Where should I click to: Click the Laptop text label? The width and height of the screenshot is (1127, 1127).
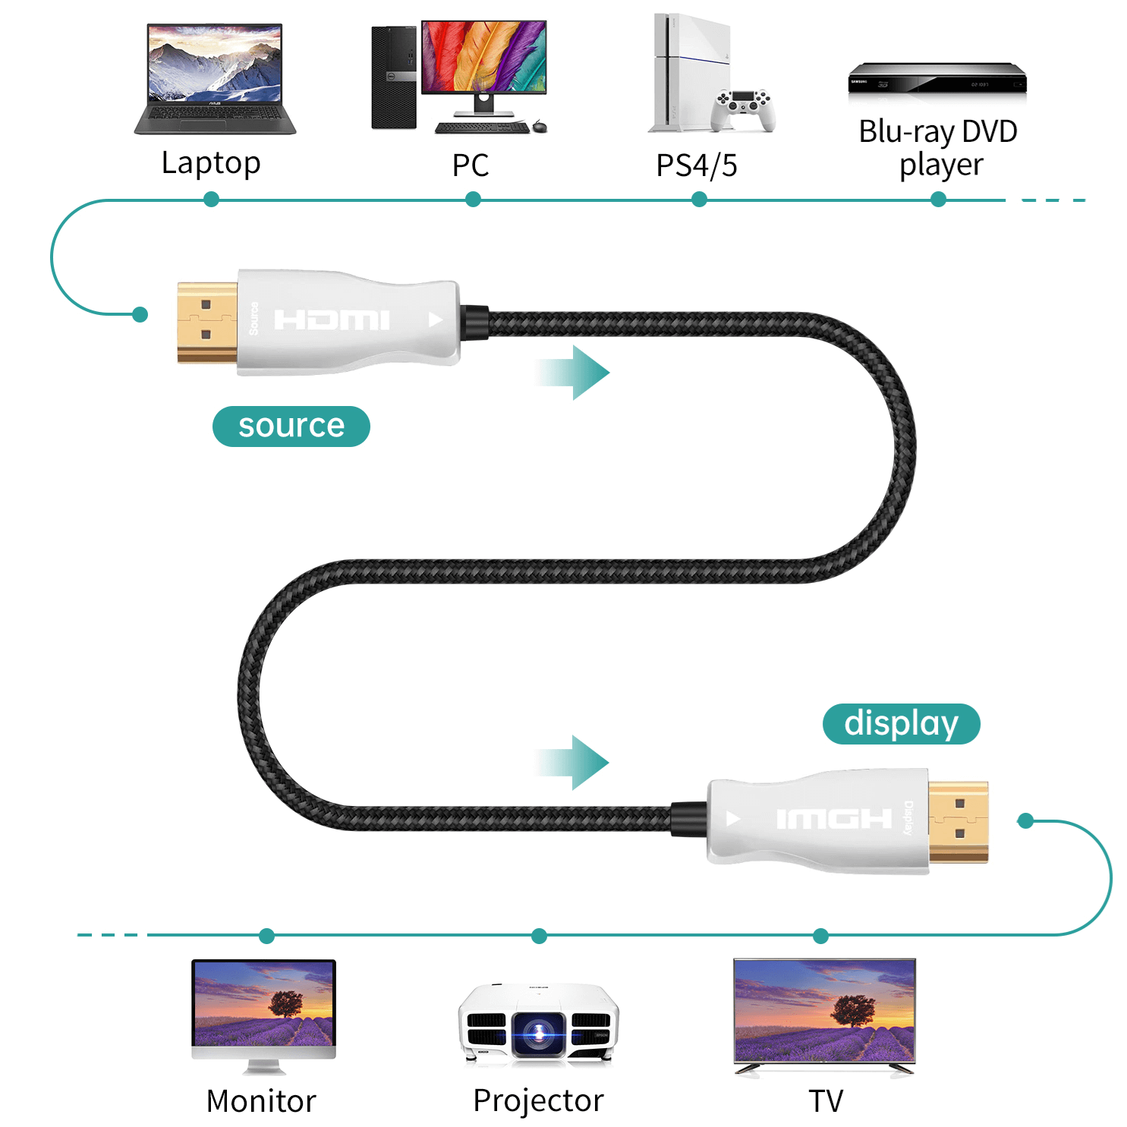(211, 163)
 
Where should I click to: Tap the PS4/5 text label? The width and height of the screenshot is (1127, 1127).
(697, 165)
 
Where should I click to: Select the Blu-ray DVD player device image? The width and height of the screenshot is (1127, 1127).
(937, 78)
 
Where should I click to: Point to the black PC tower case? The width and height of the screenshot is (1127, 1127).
(394, 77)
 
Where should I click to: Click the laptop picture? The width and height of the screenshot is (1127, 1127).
(215, 79)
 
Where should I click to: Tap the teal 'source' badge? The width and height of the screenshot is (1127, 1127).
(291, 426)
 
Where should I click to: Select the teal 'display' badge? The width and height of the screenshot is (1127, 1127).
(902, 723)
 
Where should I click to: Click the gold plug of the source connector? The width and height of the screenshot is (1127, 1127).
(207, 322)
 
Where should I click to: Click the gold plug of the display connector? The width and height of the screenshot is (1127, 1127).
(959, 822)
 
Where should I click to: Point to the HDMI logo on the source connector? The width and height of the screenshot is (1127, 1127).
(332, 320)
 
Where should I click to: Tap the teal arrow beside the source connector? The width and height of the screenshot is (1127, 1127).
(572, 372)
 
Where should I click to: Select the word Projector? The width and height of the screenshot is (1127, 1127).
(538, 1100)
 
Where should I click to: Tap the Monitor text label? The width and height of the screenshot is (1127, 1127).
(261, 1101)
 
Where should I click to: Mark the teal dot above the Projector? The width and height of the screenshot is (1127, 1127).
(539, 936)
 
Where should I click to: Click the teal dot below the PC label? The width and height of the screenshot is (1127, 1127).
(473, 200)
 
